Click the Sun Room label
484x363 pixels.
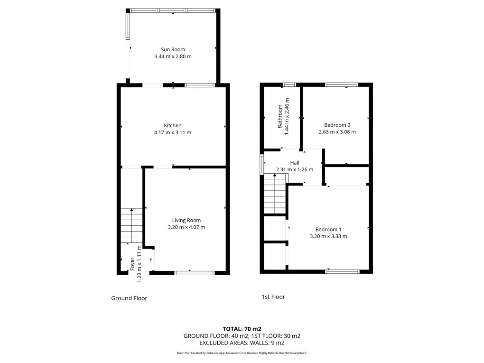(173, 49)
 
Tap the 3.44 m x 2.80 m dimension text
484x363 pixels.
(173, 56)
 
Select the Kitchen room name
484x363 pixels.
(173, 125)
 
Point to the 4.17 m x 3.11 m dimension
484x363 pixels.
(173, 132)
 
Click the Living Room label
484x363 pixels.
(186, 220)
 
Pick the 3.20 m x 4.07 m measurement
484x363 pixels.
(186, 227)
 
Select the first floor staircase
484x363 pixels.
(275, 195)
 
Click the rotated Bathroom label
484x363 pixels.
(280, 117)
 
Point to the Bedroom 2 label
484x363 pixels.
(337, 125)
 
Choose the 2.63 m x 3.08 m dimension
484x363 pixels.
(337, 132)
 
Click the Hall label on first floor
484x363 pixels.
(295, 162)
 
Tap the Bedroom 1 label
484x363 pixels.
(328, 229)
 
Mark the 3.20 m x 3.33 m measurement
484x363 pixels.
(328, 236)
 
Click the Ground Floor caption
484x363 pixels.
(129, 298)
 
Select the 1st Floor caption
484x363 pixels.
(273, 297)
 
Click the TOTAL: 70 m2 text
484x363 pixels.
(242, 328)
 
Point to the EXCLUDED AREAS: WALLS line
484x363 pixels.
(242, 343)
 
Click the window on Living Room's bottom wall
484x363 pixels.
(195, 272)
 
